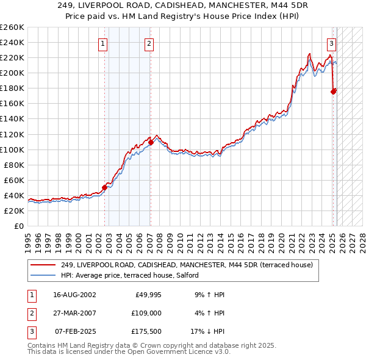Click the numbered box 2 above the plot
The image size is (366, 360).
pyautogui.click(x=149, y=43)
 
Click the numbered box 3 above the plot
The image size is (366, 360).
pyautogui.click(x=331, y=43)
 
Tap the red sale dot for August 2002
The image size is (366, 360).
pyautogui.click(x=104, y=188)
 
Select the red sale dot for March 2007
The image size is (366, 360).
pyautogui.click(x=151, y=142)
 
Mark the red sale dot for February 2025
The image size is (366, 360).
pyautogui.click(x=333, y=92)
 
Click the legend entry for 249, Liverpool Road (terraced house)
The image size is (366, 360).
pyautogui.click(x=187, y=265)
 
